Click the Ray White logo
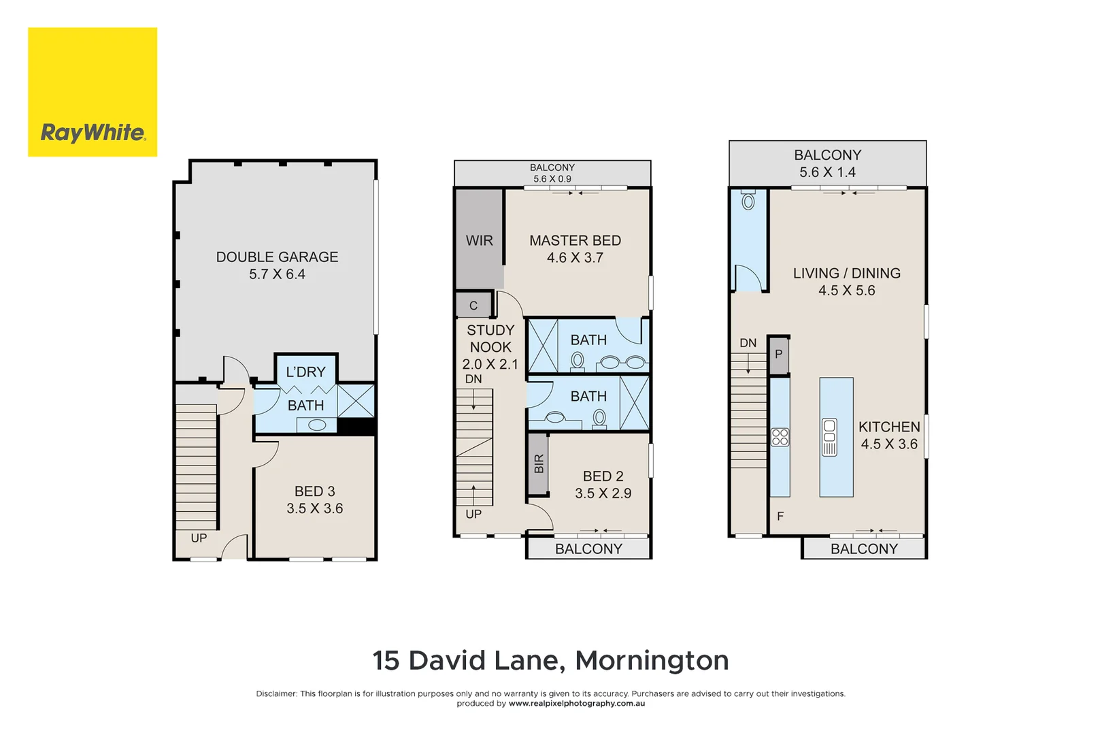[93, 92]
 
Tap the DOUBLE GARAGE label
[277, 257]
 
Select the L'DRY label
[305, 372]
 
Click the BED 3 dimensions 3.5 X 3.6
[314, 508]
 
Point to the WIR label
[479, 240]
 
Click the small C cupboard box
[473, 306]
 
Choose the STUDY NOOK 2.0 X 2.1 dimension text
[490, 364]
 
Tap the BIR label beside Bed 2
[539, 463]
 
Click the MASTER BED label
[575, 240]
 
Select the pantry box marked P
[779, 355]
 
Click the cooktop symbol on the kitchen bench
[780, 437]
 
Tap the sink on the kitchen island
[829, 437]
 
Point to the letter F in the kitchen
[780, 517]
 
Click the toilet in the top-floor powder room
[748, 201]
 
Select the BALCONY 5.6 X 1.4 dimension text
[827, 172]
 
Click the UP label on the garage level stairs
[199, 538]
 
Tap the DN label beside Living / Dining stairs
[748, 343]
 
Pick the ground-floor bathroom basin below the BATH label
[317, 425]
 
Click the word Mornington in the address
[652, 660]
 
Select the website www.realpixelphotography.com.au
[576, 704]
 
